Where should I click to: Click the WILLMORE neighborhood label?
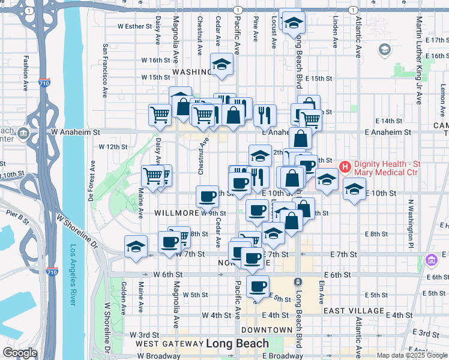point(177,213)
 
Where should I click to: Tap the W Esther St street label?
point(136,26)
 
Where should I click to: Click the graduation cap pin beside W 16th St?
point(221,64)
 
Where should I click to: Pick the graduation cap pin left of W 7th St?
point(136,246)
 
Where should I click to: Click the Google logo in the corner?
point(20,353)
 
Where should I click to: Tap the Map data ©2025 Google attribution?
point(411,355)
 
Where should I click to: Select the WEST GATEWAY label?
point(169,344)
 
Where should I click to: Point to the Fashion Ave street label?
point(26,73)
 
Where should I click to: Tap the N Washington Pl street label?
point(411,224)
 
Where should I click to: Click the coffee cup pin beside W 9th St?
point(208,196)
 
